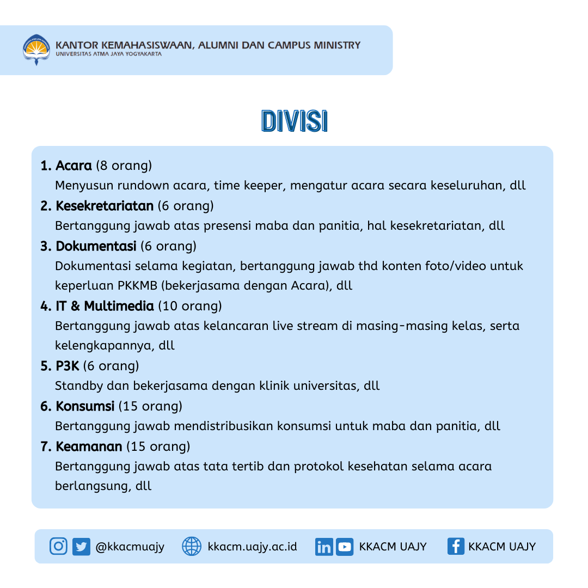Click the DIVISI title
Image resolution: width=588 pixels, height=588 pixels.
pyautogui.click(x=294, y=121)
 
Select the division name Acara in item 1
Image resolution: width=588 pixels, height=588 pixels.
pyautogui.click(x=73, y=165)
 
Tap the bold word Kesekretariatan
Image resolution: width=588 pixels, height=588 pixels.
pyautogui.click(x=105, y=206)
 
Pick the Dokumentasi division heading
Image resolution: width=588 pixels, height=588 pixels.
pyautogui.click(x=96, y=246)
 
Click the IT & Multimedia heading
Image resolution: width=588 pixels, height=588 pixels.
pyautogui.click(x=105, y=306)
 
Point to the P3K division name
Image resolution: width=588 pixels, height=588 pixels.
pyautogui.click(x=68, y=365)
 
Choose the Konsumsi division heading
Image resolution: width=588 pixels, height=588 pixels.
pyautogui.click(x=85, y=406)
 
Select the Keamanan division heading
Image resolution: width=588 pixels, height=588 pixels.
pyautogui.click(x=89, y=447)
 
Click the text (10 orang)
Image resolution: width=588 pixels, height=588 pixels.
pyautogui.click(x=190, y=306)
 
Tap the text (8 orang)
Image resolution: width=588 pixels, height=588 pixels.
pyautogui.click(x=124, y=165)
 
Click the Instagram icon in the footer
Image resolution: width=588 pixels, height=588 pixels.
pyautogui.click(x=58, y=546)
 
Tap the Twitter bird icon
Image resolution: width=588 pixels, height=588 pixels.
pyautogui.click(x=81, y=546)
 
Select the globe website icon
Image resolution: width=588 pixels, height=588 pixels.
pyautogui.click(x=191, y=546)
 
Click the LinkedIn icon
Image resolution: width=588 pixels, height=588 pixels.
pyautogui.click(x=324, y=547)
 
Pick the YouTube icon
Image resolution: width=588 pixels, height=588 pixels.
pyautogui.click(x=345, y=547)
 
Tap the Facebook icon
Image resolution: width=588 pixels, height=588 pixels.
pyautogui.click(x=456, y=546)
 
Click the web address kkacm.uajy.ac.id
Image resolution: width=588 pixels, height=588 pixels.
pyautogui.click(x=253, y=546)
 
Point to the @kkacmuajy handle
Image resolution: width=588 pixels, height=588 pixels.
pyautogui.click(x=130, y=546)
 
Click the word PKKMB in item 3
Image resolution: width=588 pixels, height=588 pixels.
pyautogui.click(x=137, y=285)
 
